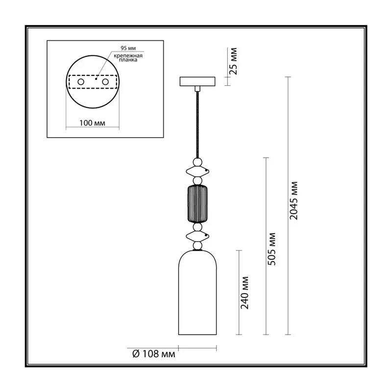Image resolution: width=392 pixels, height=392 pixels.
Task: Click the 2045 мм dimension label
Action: click(294, 201)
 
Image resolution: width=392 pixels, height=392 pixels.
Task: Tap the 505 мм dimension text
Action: click(271, 249)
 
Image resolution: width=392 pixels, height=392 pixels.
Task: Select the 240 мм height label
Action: click(245, 293)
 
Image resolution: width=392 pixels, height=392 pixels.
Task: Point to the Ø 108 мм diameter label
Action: click(154, 354)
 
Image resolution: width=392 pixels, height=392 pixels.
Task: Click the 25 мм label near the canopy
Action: click(233, 61)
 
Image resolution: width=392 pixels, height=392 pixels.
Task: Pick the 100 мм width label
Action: click(92, 123)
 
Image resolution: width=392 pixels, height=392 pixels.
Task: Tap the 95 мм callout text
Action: click(128, 48)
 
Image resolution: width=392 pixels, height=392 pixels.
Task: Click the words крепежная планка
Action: click(128, 58)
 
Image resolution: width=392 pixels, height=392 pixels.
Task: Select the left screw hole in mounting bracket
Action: click(81, 82)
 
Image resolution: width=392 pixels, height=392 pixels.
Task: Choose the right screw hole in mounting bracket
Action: click(105, 82)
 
